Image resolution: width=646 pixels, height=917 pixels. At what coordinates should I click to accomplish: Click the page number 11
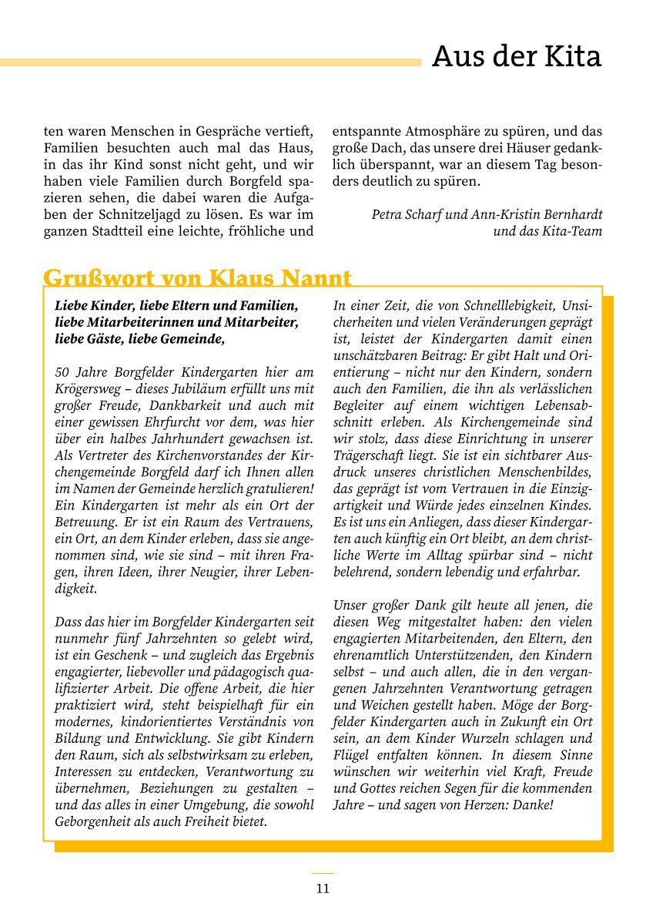(323, 888)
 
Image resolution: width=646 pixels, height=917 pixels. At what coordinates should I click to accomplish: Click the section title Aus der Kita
(516, 56)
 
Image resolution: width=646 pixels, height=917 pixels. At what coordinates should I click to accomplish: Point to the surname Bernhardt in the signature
(571, 214)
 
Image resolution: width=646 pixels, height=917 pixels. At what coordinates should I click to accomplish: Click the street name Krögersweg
(89, 389)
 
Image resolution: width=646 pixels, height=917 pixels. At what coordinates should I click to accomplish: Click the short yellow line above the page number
(323, 873)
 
